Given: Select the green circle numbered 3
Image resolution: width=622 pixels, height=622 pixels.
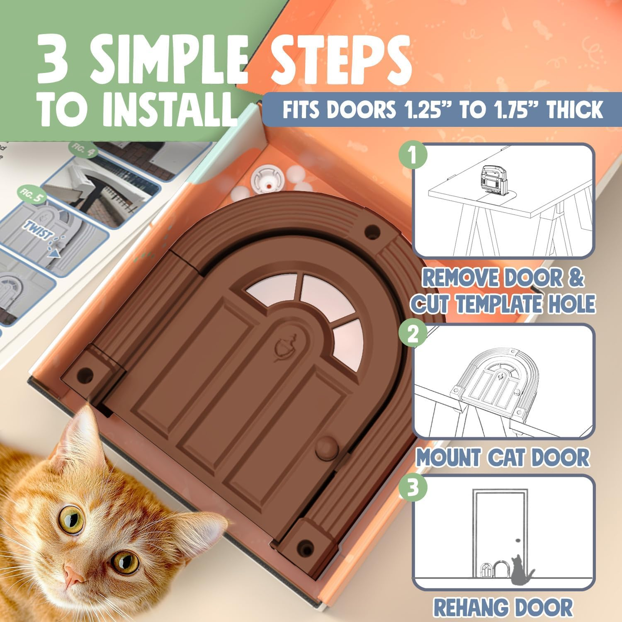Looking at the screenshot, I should coord(413,488).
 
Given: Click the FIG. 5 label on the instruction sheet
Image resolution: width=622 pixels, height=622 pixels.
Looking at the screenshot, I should coord(32,195).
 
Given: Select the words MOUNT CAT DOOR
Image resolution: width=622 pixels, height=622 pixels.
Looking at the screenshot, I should coord(503,458).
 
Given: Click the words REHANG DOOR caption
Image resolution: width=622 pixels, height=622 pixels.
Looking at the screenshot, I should coord(503,607).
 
